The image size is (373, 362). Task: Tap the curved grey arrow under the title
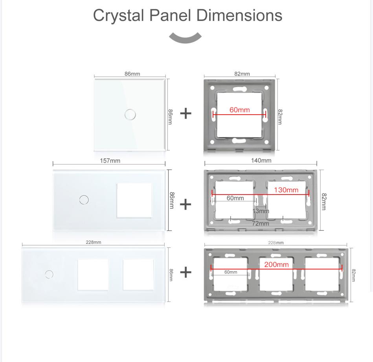click(x=185, y=37)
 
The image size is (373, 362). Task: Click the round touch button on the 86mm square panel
click(x=130, y=115)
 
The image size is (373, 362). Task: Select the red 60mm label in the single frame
click(x=240, y=110)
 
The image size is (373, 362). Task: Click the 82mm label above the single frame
click(x=242, y=74)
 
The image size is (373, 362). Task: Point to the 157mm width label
click(x=110, y=160)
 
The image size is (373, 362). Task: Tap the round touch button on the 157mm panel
click(x=84, y=199)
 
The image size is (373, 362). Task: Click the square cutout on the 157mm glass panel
click(x=134, y=200)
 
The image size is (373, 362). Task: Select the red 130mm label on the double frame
click(x=286, y=190)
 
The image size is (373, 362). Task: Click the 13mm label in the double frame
click(x=261, y=211)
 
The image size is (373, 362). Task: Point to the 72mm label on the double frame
click(x=261, y=223)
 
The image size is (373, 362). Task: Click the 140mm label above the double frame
click(x=261, y=160)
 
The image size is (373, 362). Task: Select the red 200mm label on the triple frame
click(x=276, y=264)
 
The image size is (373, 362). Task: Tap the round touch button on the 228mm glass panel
click(x=49, y=274)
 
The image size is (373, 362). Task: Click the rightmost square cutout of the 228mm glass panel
click(x=138, y=274)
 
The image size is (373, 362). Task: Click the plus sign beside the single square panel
click(x=186, y=113)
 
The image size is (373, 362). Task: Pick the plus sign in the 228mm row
click(x=186, y=272)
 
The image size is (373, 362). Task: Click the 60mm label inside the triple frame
click(x=231, y=272)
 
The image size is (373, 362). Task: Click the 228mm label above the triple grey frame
click(x=276, y=243)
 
